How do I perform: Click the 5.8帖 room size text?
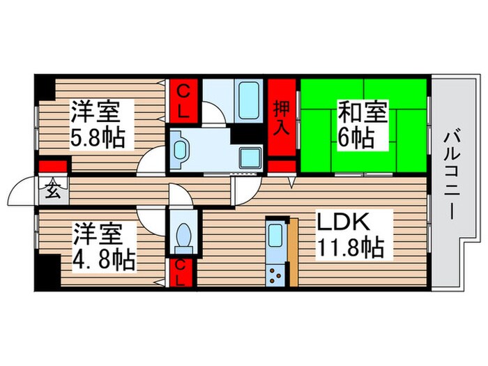coord(98,136)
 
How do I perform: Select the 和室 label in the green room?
coord(363,112)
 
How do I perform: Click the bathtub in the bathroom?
coord(248,102)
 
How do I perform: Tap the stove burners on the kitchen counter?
coord(275,274)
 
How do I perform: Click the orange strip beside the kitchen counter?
coord(293,251)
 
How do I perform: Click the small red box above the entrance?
coord(53,167)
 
